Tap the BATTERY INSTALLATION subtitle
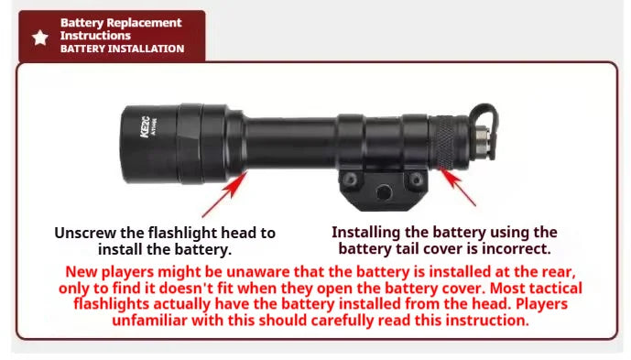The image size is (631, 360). [x=122, y=49]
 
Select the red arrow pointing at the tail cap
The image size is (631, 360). [x=460, y=189]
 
